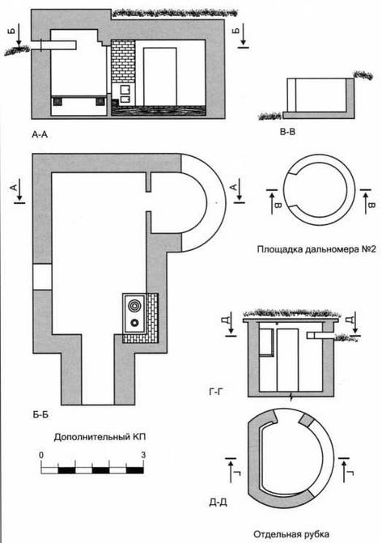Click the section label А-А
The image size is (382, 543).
[x=40, y=135]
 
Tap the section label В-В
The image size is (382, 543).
[x=288, y=132]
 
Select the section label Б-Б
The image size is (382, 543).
[x=40, y=414]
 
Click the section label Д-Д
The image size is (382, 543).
[x=219, y=503]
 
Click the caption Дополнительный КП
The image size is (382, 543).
[x=100, y=437]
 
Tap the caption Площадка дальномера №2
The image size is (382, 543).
[x=316, y=249]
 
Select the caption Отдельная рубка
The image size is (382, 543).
[x=291, y=534]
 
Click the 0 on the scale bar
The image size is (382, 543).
[x=41, y=455]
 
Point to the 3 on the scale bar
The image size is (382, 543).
[x=143, y=455]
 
